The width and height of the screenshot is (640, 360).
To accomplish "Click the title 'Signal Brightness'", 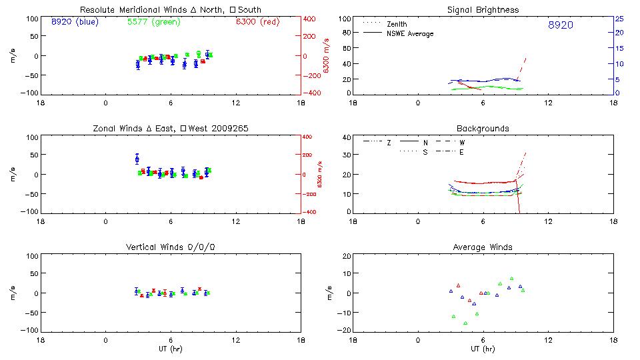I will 483,10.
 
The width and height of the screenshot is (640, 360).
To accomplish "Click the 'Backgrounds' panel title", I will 483,128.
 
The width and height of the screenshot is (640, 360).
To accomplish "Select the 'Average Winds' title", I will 483,247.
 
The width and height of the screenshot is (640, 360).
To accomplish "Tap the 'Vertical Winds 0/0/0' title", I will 171,247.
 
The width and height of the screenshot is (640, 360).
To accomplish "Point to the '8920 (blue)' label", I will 74,21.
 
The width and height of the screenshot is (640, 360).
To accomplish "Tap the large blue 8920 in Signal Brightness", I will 560,25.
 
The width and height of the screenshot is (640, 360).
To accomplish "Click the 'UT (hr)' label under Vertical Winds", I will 171,349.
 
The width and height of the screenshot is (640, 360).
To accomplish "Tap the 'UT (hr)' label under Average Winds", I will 483,349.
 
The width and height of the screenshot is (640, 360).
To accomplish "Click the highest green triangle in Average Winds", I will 511,279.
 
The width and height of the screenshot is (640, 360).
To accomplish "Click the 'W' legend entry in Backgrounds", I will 463,143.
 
